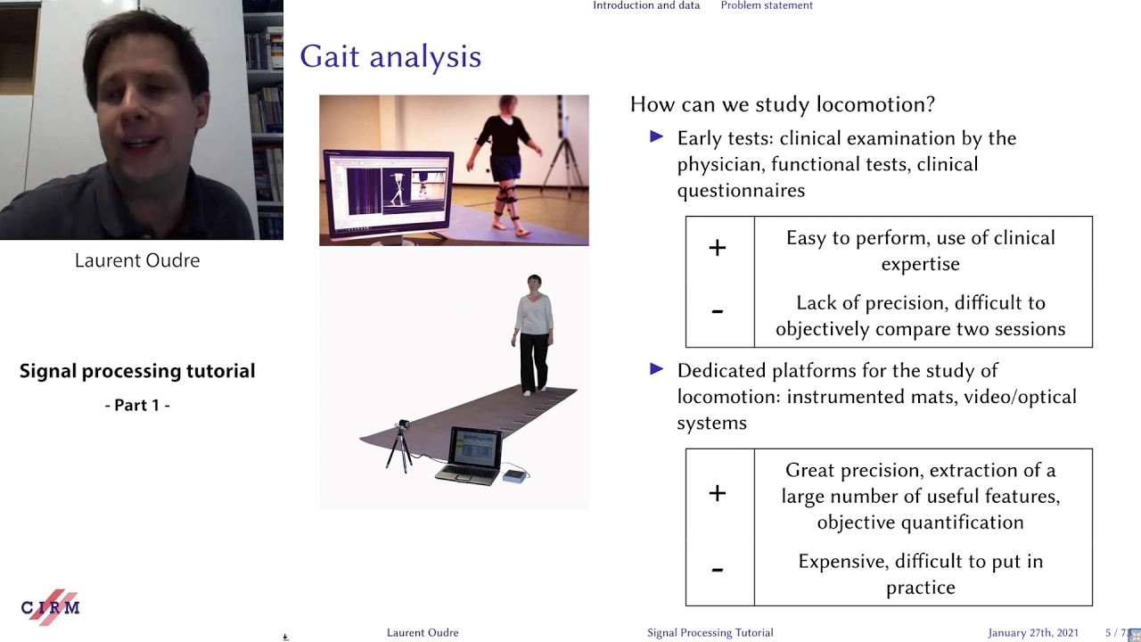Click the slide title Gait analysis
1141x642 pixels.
pos(390,57)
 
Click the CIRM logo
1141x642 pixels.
pos(51,607)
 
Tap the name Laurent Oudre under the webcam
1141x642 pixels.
pos(137,260)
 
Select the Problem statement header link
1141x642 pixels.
pos(767,5)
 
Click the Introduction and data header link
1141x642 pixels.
pos(646,5)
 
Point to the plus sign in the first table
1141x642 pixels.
pos(718,248)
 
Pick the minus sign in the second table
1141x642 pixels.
pos(718,569)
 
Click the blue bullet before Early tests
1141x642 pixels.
pos(658,136)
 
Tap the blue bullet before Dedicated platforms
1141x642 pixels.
pos(658,368)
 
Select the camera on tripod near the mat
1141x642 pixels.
pos(401,442)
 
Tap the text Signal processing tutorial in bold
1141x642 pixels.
pos(137,371)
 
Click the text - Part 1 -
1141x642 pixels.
pos(137,405)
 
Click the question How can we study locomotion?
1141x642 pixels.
pos(782,104)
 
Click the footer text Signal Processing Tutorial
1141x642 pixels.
pos(710,633)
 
